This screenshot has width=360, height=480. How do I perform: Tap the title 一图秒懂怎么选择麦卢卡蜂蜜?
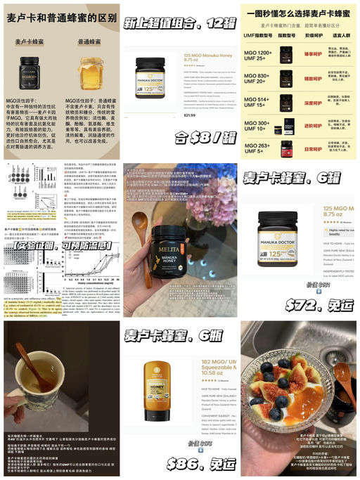click(x=300, y=13)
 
